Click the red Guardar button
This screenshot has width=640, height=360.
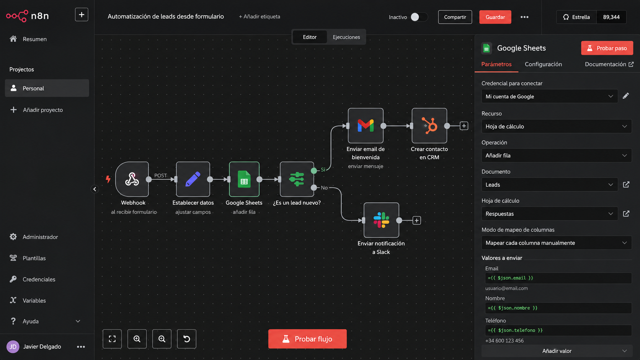(x=495, y=17)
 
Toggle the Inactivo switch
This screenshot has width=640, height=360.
(x=419, y=17)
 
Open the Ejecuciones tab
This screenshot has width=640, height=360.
(x=346, y=37)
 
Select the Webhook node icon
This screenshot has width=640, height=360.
(x=132, y=179)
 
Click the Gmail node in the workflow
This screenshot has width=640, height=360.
(x=366, y=125)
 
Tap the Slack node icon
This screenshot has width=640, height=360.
(x=381, y=220)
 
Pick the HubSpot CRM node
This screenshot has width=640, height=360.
(x=429, y=125)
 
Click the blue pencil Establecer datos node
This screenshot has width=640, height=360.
(x=193, y=179)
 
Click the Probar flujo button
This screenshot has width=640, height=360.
(x=307, y=339)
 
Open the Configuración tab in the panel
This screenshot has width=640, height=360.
(x=543, y=64)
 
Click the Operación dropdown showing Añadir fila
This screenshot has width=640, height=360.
(x=556, y=156)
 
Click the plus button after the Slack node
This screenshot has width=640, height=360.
(x=416, y=220)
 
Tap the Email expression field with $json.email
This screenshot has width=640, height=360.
(x=558, y=278)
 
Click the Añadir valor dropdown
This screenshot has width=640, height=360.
(x=556, y=351)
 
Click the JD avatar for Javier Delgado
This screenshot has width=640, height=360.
(x=13, y=347)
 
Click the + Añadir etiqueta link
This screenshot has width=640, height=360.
(x=260, y=16)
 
